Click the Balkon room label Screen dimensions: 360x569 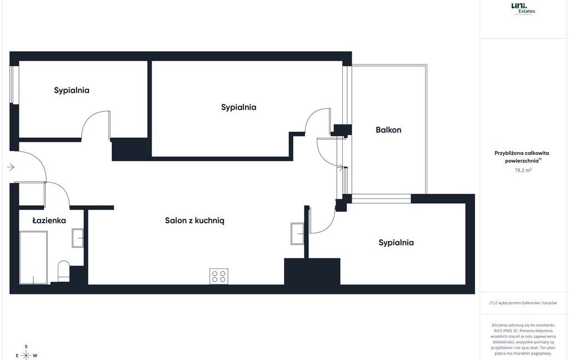388,130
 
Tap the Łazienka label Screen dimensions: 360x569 49,221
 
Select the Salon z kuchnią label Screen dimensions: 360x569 194,221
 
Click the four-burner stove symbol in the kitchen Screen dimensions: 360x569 218,276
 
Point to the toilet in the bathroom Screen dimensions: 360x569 63,271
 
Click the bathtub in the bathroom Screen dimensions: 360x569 33,257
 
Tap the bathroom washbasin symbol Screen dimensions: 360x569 77,238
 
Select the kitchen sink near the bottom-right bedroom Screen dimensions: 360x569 298,233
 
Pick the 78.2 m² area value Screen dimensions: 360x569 523,171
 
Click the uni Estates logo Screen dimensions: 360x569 523,8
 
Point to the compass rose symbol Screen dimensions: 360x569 26,354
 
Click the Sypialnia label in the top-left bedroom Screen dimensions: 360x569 72,90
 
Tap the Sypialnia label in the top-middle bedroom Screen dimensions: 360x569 238,107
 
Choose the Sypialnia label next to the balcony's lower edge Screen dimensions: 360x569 396,243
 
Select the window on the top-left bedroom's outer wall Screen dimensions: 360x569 14,84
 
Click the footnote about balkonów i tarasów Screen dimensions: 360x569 523,303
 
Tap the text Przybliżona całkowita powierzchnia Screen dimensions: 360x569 522,157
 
